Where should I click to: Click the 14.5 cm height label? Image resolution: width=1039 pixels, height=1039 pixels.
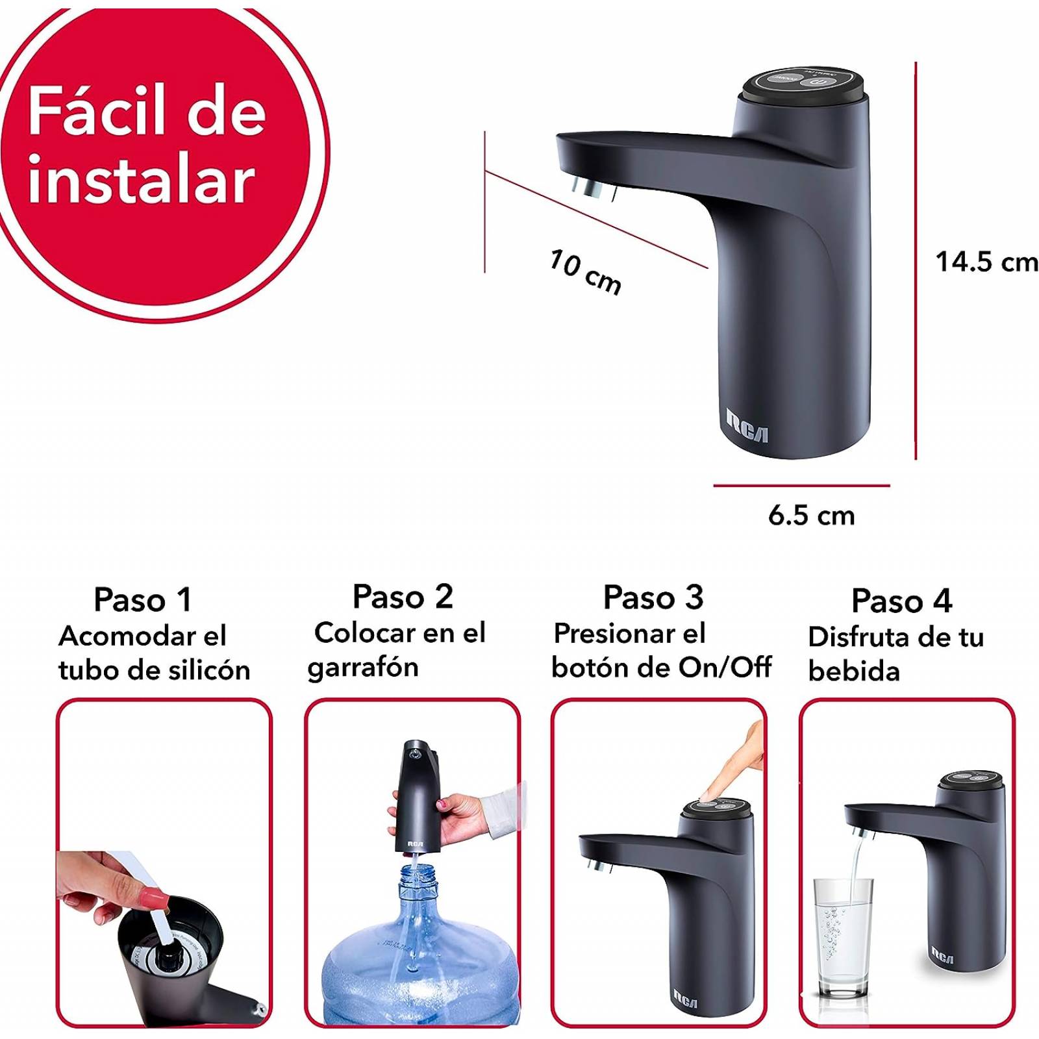[x=986, y=262]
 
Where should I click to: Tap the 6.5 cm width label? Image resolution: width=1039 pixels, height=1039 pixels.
[x=811, y=516]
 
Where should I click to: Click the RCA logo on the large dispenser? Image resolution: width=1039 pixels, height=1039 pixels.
[x=747, y=426]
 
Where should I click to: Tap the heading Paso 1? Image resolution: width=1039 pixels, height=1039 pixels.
[x=143, y=599]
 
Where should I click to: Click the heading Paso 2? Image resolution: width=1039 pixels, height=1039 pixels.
[x=403, y=597]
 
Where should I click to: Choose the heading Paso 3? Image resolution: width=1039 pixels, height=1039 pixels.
[x=653, y=597]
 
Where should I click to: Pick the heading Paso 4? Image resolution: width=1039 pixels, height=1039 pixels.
[x=901, y=601]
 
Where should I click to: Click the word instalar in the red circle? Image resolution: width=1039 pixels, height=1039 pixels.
[x=141, y=181]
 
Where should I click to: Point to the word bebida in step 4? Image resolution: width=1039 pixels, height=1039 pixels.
[x=854, y=671]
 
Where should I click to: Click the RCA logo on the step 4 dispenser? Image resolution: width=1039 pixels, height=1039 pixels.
[x=942, y=955]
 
